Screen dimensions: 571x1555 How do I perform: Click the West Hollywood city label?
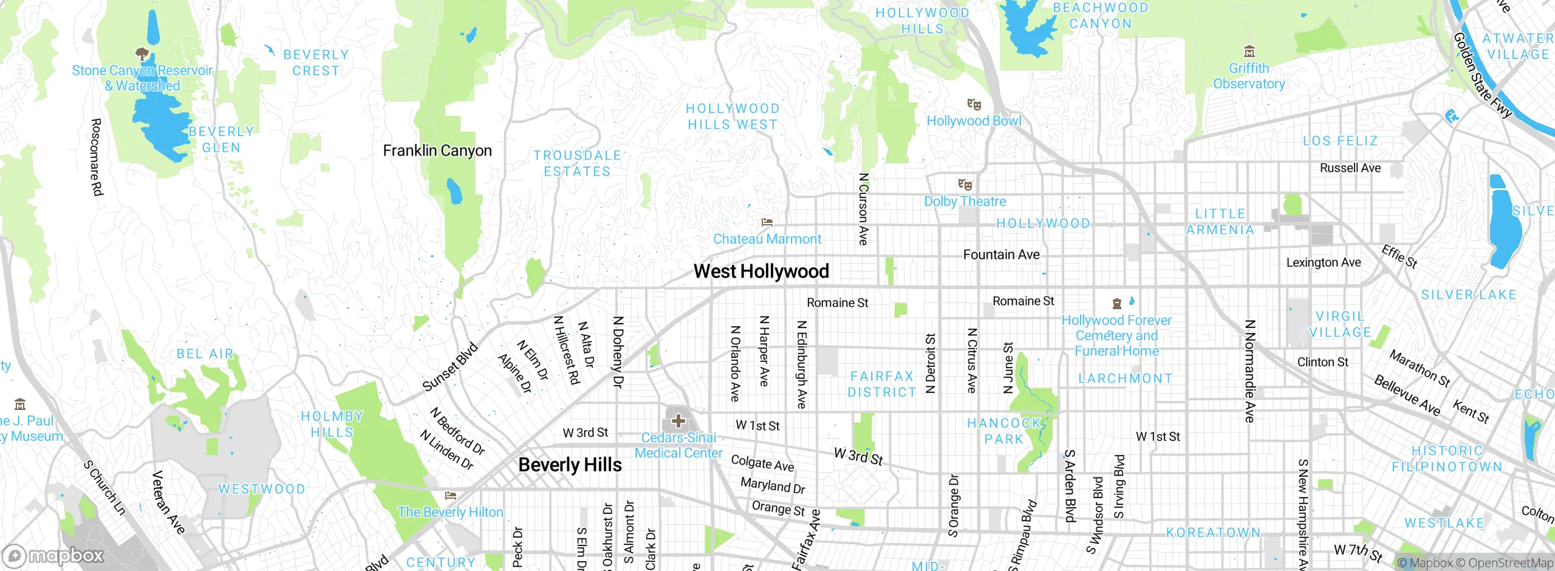[x=761, y=272]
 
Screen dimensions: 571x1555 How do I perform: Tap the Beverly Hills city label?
[x=570, y=465]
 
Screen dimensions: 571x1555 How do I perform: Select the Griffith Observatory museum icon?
[x=1249, y=51]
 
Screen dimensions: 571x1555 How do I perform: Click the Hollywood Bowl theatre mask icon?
[x=974, y=104]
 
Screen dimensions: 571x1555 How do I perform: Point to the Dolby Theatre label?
[x=965, y=202]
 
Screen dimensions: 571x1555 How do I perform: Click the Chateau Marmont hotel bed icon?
[x=767, y=222]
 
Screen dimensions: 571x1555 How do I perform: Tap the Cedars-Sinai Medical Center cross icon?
[x=678, y=420]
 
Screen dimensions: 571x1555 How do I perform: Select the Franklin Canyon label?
[x=437, y=151]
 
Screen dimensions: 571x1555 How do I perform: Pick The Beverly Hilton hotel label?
[x=450, y=512]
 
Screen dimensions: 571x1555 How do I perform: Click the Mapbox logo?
[x=53, y=556]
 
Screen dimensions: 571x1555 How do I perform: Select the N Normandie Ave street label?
[x=1249, y=371]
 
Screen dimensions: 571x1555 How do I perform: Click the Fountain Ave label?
[x=1001, y=255]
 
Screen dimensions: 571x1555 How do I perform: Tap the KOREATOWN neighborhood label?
[x=1213, y=533]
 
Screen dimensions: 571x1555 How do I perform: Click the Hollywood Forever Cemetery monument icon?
[x=1116, y=303]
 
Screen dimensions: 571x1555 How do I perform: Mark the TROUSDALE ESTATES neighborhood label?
[x=577, y=163]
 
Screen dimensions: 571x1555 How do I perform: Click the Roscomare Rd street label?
[x=96, y=157]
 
